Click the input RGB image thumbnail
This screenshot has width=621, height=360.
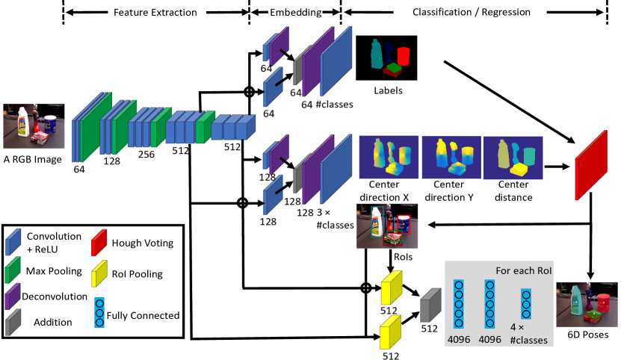click(34, 126)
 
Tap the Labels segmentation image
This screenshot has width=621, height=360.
click(386, 58)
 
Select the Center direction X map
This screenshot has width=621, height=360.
click(389, 158)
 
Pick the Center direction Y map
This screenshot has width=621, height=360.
click(451, 158)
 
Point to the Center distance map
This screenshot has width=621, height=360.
click(513, 158)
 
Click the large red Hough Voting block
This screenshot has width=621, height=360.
click(591, 165)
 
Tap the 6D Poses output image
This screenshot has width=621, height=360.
click(587, 305)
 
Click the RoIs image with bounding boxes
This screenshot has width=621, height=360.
click(387, 226)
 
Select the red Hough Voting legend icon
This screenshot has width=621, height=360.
click(99, 243)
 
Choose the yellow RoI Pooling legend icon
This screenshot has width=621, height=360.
click(99, 273)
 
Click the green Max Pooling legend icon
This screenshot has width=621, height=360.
click(13, 270)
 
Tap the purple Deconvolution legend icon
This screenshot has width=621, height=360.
click(13, 297)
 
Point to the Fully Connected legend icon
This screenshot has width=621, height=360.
click(99, 312)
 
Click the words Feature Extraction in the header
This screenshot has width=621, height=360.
click(155, 12)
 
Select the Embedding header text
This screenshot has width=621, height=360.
click(295, 12)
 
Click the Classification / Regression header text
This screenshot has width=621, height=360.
click(472, 12)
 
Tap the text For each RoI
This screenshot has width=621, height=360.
click(523, 271)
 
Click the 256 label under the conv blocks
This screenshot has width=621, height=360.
click(146, 154)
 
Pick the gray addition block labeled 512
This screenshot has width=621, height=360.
click(430, 305)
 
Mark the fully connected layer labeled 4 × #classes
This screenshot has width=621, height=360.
click(526, 304)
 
